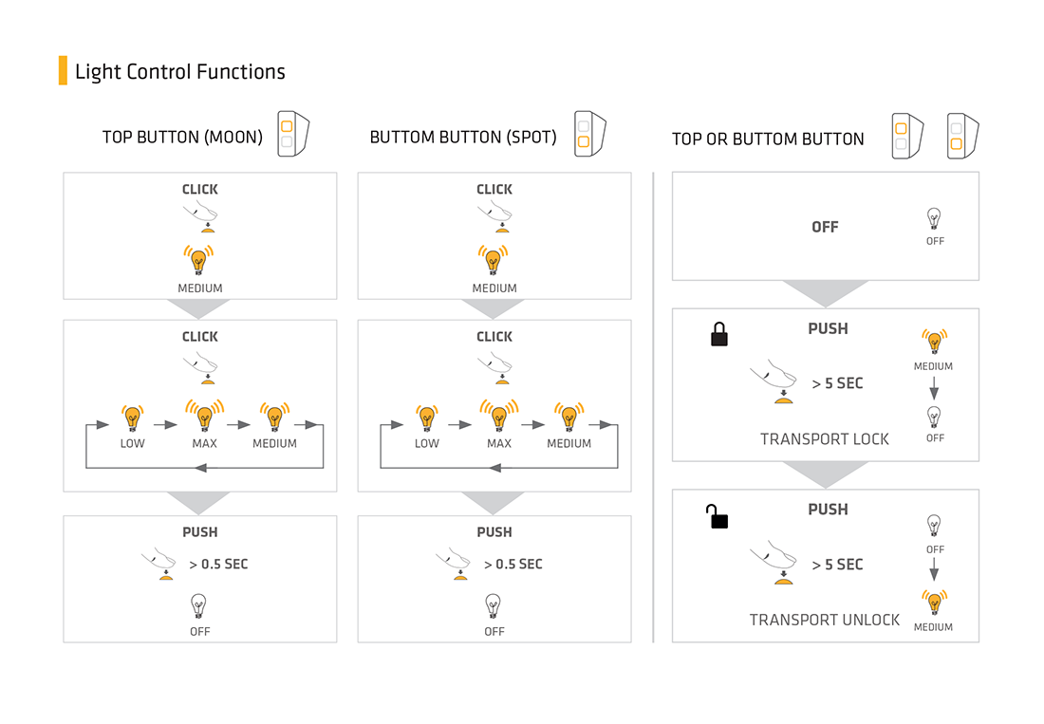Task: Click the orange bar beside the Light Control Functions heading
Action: coord(64,70)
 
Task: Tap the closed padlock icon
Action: coord(719,334)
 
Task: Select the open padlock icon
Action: coord(718,516)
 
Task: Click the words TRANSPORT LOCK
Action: coord(824,439)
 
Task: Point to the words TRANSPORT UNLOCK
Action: coord(824,621)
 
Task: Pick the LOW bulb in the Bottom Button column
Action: coord(427,418)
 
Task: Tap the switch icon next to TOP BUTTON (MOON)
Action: coord(293,134)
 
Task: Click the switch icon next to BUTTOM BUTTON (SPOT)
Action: coord(590,134)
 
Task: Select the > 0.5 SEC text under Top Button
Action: coord(218,565)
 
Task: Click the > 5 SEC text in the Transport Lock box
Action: coord(838,383)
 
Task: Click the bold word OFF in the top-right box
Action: coord(825,227)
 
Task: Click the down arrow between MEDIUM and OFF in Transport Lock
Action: coord(934,388)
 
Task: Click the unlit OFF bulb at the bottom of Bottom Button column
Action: coord(493,607)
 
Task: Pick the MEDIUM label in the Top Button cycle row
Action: coord(274,444)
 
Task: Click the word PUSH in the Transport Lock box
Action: coord(828,328)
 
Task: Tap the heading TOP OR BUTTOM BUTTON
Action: coord(768,139)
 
